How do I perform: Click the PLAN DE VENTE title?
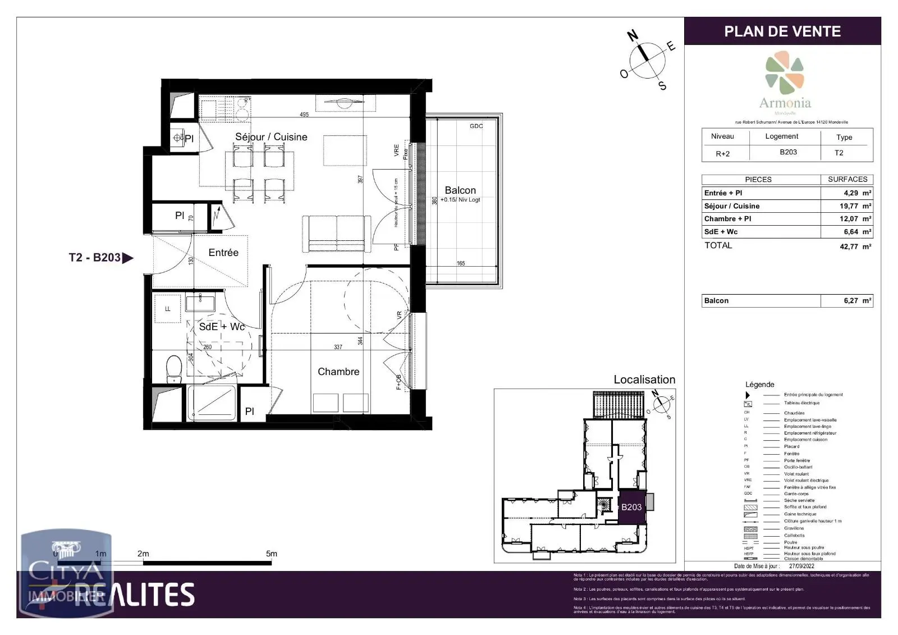tap(782, 31)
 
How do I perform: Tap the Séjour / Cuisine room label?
tap(271, 137)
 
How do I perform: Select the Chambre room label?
tap(338, 372)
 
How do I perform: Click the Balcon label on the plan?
tap(460, 190)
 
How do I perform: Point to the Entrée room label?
tap(223, 253)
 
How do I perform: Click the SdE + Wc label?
tap(222, 327)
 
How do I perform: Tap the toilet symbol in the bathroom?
tap(174, 368)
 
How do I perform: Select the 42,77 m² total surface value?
tap(855, 246)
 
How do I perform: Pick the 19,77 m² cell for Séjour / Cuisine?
tap(855, 206)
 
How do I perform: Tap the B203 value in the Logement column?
tap(788, 152)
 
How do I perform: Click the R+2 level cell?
tap(722, 153)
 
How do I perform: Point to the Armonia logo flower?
tap(784, 73)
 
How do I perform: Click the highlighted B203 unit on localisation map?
tap(631, 507)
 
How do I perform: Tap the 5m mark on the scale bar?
tap(272, 554)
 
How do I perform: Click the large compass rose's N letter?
tap(633, 36)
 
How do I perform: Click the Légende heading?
tap(759, 385)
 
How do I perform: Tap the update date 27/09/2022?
tap(801, 566)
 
